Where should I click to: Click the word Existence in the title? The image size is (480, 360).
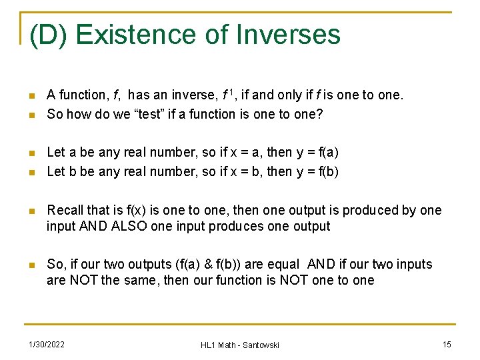click(x=137, y=35)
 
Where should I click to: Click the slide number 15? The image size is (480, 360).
click(x=447, y=344)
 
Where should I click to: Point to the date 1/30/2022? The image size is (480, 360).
click(x=46, y=344)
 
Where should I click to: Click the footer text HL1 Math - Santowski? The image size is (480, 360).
click(x=239, y=345)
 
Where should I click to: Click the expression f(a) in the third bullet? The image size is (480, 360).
click(x=325, y=152)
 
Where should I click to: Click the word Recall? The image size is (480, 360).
click(x=65, y=211)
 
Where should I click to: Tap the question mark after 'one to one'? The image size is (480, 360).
click(x=319, y=114)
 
